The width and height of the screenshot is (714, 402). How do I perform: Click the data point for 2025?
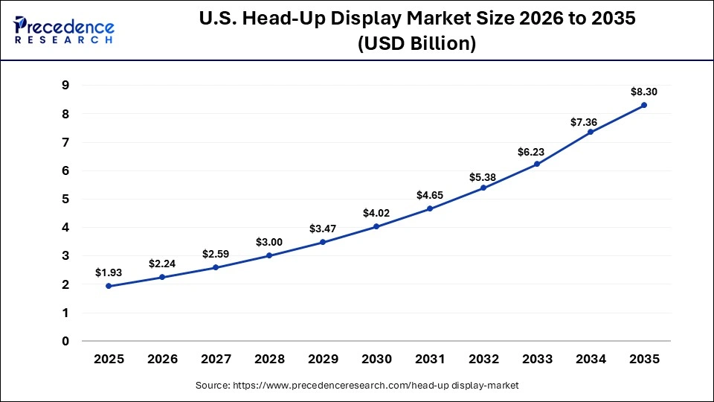(x=109, y=286)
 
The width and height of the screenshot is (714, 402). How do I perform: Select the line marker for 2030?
(x=376, y=226)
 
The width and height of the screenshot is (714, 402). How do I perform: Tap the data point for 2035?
(x=644, y=105)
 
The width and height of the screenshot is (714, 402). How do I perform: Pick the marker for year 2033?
(x=537, y=164)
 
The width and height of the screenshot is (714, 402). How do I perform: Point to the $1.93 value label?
(x=109, y=272)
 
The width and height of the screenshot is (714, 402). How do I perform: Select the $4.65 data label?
(x=430, y=194)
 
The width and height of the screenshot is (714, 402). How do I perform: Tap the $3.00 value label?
(x=269, y=241)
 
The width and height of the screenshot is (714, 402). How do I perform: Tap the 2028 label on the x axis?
(x=269, y=359)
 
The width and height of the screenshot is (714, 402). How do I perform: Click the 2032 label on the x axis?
(x=483, y=359)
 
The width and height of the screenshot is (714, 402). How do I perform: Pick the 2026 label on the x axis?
(x=162, y=359)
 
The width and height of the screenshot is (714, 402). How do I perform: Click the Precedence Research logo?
(x=64, y=30)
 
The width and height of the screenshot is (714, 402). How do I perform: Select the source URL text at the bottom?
(x=357, y=385)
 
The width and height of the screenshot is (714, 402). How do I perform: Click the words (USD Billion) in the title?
(x=416, y=44)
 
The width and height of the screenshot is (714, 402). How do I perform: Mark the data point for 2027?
(x=216, y=267)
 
